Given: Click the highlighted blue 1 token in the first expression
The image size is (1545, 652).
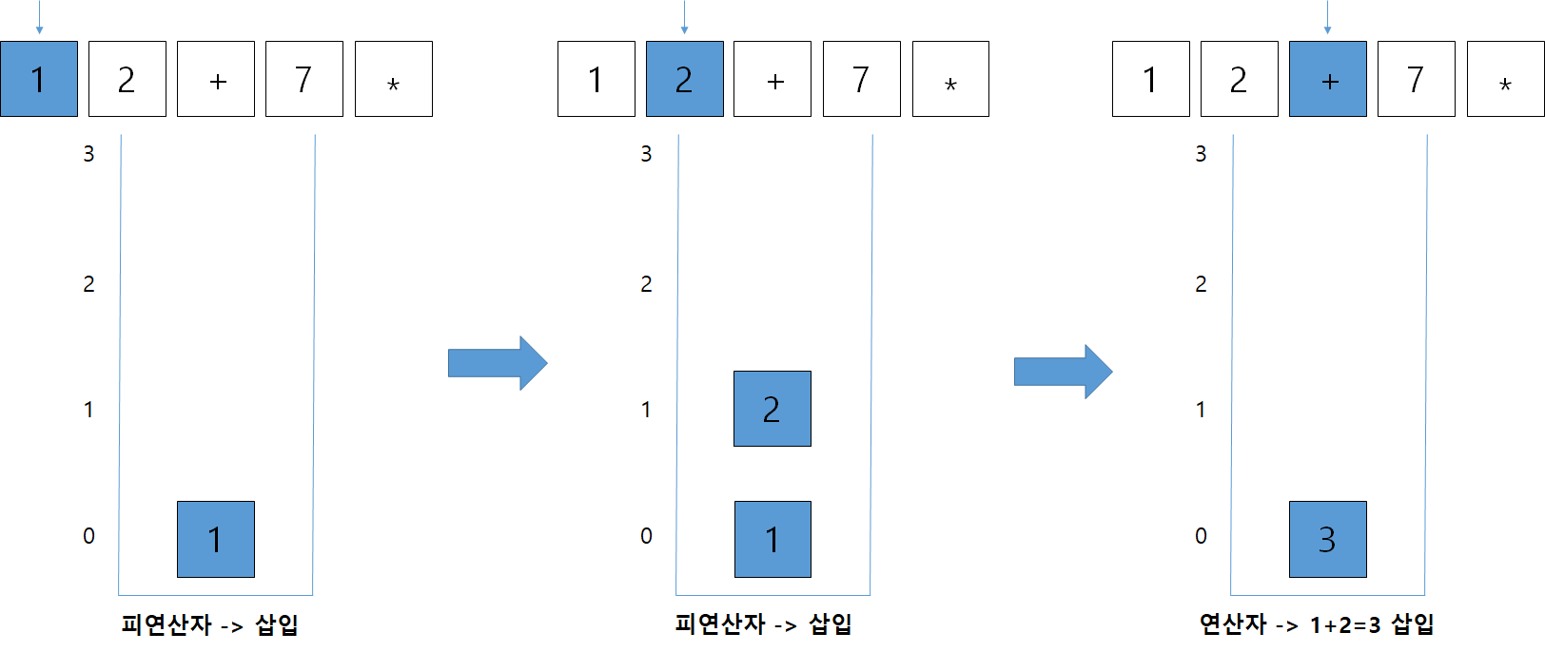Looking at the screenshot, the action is (x=39, y=79).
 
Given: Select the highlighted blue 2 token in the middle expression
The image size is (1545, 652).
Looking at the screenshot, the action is (x=684, y=79).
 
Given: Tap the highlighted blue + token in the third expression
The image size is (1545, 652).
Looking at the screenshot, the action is (x=1327, y=79).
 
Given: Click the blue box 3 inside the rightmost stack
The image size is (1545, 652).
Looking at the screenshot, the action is (x=1327, y=539).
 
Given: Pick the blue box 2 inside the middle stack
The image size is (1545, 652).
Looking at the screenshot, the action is (x=772, y=409).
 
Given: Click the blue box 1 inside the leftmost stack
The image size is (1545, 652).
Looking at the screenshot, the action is (x=215, y=539).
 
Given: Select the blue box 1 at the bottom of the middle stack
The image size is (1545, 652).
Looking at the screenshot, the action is (x=772, y=539).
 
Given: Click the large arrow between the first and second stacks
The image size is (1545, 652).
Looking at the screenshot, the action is (x=497, y=363).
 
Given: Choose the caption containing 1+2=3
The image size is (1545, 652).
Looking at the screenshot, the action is (x=1316, y=624).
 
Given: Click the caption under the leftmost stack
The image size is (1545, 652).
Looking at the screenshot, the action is (x=210, y=624).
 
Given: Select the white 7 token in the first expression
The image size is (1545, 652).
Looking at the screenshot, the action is (x=303, y=79).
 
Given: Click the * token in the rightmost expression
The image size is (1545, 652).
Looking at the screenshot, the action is (x=1505, y=79).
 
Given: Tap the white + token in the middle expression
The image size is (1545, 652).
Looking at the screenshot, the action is (x=772, y=79).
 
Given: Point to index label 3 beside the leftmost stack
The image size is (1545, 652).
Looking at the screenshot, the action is (x=88, y=154).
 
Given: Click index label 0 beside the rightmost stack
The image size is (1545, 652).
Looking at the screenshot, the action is (x=1201, y=536).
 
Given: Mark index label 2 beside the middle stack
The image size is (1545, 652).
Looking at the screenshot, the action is (x=646, y=284).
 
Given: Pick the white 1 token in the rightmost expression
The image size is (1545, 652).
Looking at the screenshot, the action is (x=1150, y=79).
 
